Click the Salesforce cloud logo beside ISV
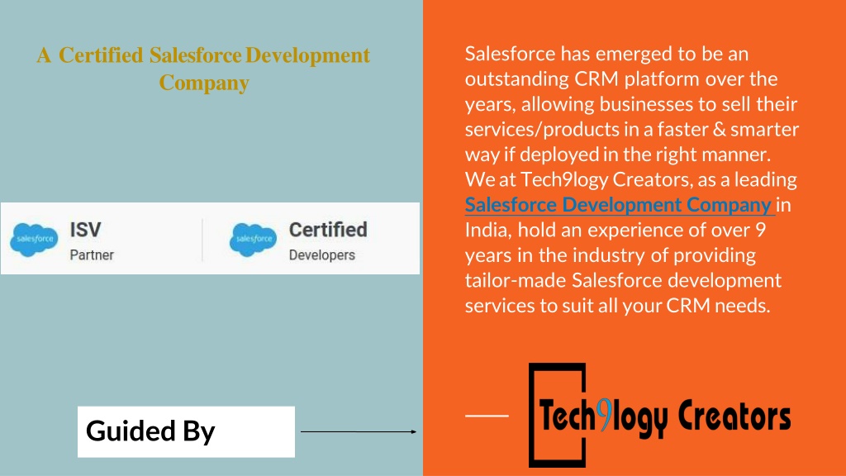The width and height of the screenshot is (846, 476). click(x=34, y=239)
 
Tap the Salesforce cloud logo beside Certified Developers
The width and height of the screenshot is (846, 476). click(x=253, y=239)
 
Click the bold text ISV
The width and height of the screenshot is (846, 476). click(x=85, y=230)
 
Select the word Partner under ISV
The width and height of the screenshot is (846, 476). click(x=92, y=255)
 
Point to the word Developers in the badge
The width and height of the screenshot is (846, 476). click(x=322, y=255)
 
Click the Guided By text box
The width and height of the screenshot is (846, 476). click(x=186, y=431)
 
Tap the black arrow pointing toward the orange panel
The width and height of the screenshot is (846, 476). click(x=359, y=431)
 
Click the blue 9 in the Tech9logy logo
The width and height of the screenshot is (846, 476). click(x=606, y=415)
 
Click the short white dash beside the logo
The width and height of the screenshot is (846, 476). click(x=487, y=416)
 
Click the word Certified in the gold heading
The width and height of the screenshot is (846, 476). click(x=101, y=55)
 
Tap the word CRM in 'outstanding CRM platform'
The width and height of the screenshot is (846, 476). click(x=596, y=79)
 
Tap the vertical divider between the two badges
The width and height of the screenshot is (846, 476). click(x=202, y=240)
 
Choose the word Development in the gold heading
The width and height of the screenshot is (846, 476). click(x=307, y=55)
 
